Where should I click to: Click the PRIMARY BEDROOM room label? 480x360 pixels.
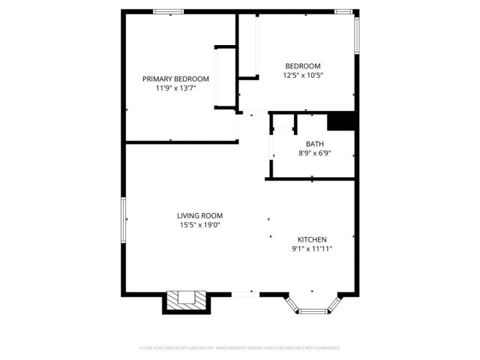tap(176, 79)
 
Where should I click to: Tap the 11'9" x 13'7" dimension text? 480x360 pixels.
tap(176, 88)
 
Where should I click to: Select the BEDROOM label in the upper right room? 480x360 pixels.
tap(302, 65)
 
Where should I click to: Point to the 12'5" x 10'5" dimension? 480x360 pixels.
tap(303, 75)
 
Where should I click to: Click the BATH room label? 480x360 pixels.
tap(314, 144)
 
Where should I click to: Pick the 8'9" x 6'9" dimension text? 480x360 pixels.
tap(314, 154)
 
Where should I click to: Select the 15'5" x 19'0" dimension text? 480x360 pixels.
tap(199, 225)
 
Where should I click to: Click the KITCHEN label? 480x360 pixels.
tap(312, 239)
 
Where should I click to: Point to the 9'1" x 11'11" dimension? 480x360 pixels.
tap(312, 249)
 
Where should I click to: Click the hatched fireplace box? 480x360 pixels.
tap(183, 300)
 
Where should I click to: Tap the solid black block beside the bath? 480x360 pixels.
tap(341, 121)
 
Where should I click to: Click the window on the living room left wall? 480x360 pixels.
tap(124, 219)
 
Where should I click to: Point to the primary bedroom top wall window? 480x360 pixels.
tap(169, 11)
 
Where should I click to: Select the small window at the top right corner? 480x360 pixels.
tap(344, 11)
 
